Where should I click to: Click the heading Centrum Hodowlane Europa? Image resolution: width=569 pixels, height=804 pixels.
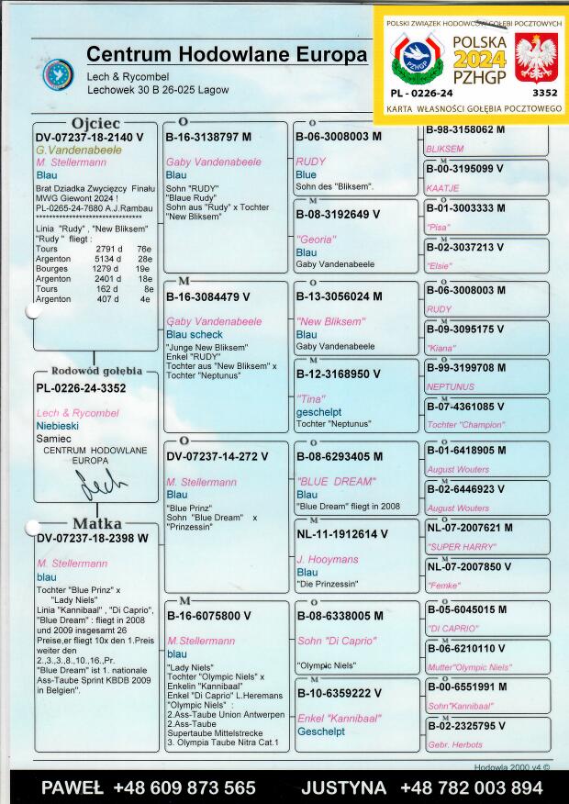[227, 54]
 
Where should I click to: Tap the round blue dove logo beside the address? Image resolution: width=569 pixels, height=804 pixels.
[57, 74]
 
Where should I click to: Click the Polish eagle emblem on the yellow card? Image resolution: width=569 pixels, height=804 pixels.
[536, 56]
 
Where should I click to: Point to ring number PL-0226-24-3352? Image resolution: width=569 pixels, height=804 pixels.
[81, 388]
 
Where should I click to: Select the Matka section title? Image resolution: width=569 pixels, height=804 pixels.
[96, 524]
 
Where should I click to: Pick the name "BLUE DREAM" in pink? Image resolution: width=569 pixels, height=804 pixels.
[336, 481]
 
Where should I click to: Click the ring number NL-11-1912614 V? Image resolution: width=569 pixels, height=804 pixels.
[341, 533]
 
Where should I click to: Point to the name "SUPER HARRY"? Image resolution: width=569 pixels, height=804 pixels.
[456, 546]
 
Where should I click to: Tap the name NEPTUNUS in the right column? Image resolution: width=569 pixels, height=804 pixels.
[451, 387]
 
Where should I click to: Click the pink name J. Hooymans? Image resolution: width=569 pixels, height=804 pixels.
[326, 559]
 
